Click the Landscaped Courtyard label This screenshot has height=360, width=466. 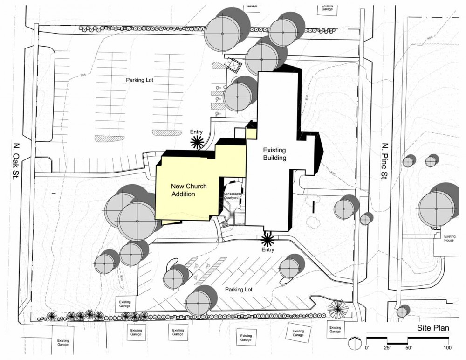[x=232, y=196]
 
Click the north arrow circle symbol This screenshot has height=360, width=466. [x=355, y=343]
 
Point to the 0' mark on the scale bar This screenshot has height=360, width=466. [x=368, y=348]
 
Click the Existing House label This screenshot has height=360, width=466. [x=449, y=238]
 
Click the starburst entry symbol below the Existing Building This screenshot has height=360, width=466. [x=267, y=240]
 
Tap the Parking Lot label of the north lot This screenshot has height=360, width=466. [x=139, y=80]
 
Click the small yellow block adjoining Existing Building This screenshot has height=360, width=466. [x=251, y=134]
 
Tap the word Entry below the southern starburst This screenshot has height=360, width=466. [x=268, y=250]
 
